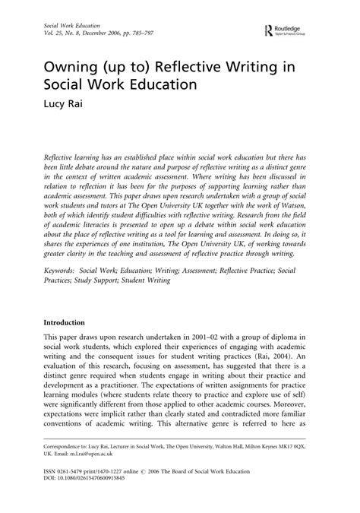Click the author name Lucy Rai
pos(55,100)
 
